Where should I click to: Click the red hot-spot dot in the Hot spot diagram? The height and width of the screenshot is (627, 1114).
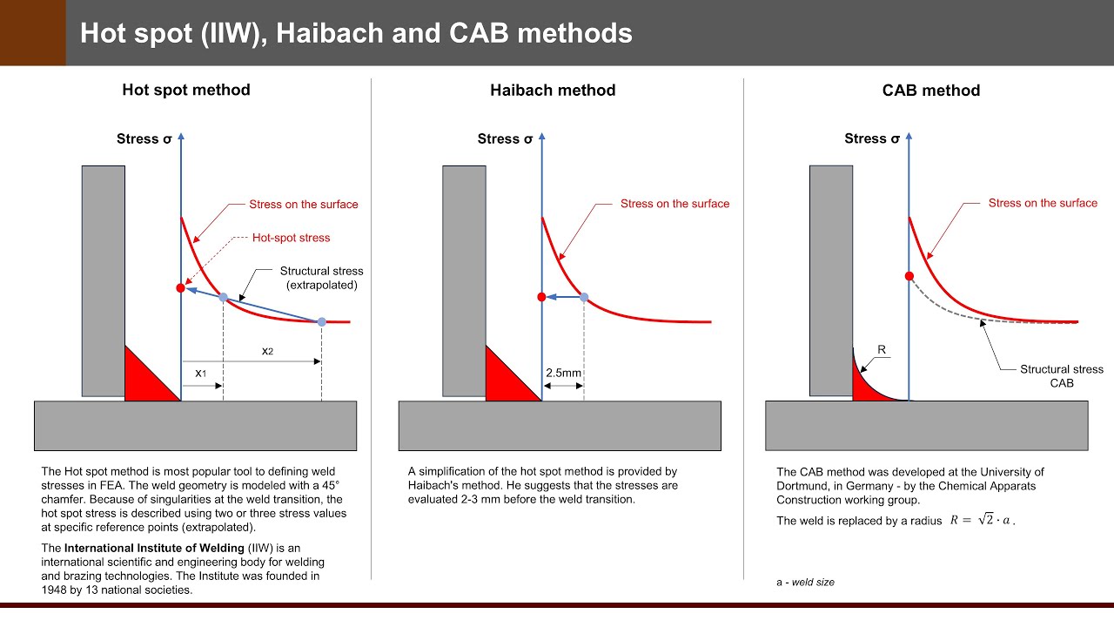[x=180, y=287]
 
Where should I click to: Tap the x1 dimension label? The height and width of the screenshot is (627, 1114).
[x=200, y=373]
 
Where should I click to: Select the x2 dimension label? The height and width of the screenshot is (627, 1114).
[x=268, y=350]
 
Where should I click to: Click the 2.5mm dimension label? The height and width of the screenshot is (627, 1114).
[x=563, y=373]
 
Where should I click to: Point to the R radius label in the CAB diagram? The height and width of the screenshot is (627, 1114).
[x=882, y=350]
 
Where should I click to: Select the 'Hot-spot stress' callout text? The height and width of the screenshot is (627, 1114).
[x=291, y=237]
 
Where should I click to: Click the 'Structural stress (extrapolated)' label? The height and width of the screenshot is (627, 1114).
[x=321, y=278]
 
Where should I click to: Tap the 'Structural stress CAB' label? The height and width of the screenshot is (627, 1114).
[x=1061, y=376]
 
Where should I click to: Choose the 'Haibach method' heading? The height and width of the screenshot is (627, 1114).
[x=553, y=91]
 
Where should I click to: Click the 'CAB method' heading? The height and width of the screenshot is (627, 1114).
[x=930, y=91]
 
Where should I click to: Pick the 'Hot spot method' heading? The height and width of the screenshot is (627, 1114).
[x=185, y=90]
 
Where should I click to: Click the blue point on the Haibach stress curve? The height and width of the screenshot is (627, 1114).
[x=584, y=297]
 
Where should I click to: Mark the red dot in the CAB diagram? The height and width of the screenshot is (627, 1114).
[x=909, y=276]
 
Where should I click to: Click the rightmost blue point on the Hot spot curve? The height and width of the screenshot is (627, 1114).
[x=321, y=322]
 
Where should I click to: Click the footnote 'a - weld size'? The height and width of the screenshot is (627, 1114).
[x=805, y=582]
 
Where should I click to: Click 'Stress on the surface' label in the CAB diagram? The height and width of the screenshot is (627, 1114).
[x=1043, y=203]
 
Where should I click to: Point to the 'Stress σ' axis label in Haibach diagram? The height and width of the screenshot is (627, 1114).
[x=505, y=139]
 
